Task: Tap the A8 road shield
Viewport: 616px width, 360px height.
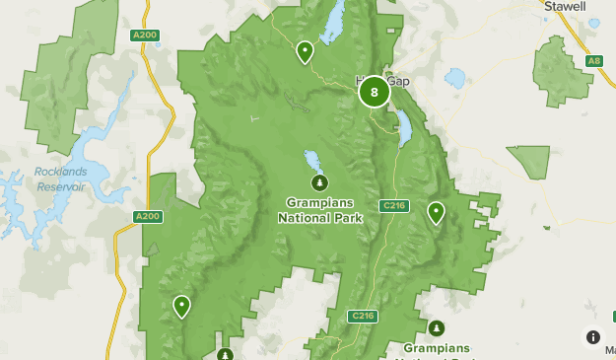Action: coord(593,61)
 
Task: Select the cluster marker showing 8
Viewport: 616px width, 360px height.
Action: coord(374,93)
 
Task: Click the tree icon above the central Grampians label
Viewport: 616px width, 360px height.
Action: coord(318,182)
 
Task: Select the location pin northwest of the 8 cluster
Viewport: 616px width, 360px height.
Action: coord(306,50)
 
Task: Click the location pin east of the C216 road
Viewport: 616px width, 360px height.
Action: coord(436,212)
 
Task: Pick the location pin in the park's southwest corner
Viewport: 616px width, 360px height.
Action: coord(181,306)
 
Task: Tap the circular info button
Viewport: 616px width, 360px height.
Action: coord(592,336)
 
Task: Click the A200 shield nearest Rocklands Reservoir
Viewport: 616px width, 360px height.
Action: coord(146,216)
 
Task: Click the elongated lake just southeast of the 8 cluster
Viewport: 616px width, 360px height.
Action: coord(405,126)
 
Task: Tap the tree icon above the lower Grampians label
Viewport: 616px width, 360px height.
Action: coord(436,327)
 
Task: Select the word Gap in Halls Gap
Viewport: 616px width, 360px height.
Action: coord(396,81)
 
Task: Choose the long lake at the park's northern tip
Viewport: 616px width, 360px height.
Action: coord(333,16)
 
